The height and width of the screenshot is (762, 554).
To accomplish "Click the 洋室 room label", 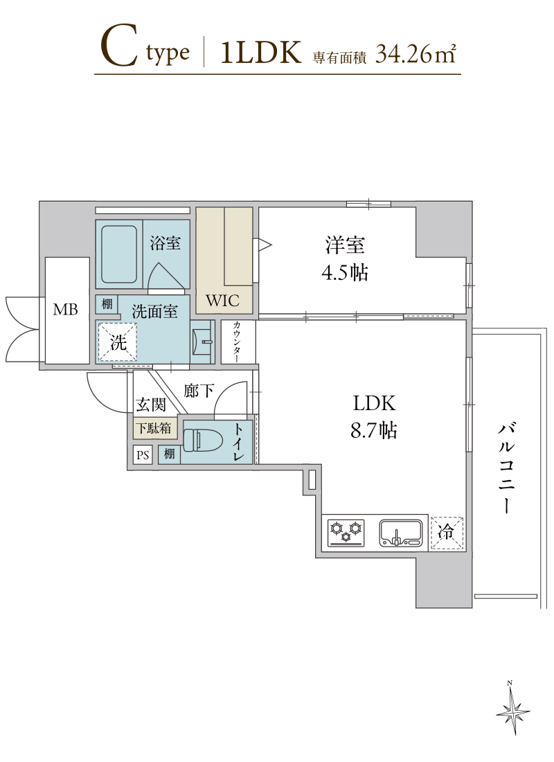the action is pyautogui.click(x=345, y=245).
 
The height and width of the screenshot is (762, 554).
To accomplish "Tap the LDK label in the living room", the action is pyautogui.click(x=374, y=403).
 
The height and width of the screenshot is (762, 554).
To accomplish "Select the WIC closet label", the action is pyautogui.click(x=222, y=301).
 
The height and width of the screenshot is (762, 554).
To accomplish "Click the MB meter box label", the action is pyautogui.click(x=65, y=309).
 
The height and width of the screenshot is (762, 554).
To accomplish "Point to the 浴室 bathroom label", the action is pyautogui.click(x=166, y=243).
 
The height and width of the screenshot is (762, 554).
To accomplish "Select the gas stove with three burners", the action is pyautogui.click(x=346, y=533).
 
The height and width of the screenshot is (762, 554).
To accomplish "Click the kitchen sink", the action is pyautogui.click(x=401, y=533).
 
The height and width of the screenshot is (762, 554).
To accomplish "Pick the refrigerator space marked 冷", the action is pyautogui.click(x=447, y=533).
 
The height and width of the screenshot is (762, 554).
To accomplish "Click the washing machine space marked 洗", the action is pyautogui.click(x=118, y=342).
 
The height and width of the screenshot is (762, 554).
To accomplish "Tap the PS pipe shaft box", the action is pyautogui.click(x=143, y=455).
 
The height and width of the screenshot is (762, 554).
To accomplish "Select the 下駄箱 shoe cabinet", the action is pyautogui.click(x=154, y=427).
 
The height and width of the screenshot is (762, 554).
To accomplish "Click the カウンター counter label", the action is pyautogui.click(x=238, y=342).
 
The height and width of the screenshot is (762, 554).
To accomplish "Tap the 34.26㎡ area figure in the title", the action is pyautogui.click(x=415, y=53).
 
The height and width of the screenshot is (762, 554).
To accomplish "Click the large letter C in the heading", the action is pyautogui.click(x=118, y=47).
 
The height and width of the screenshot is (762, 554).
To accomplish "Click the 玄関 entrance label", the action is pyautogui.click(x=151, y=405).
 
